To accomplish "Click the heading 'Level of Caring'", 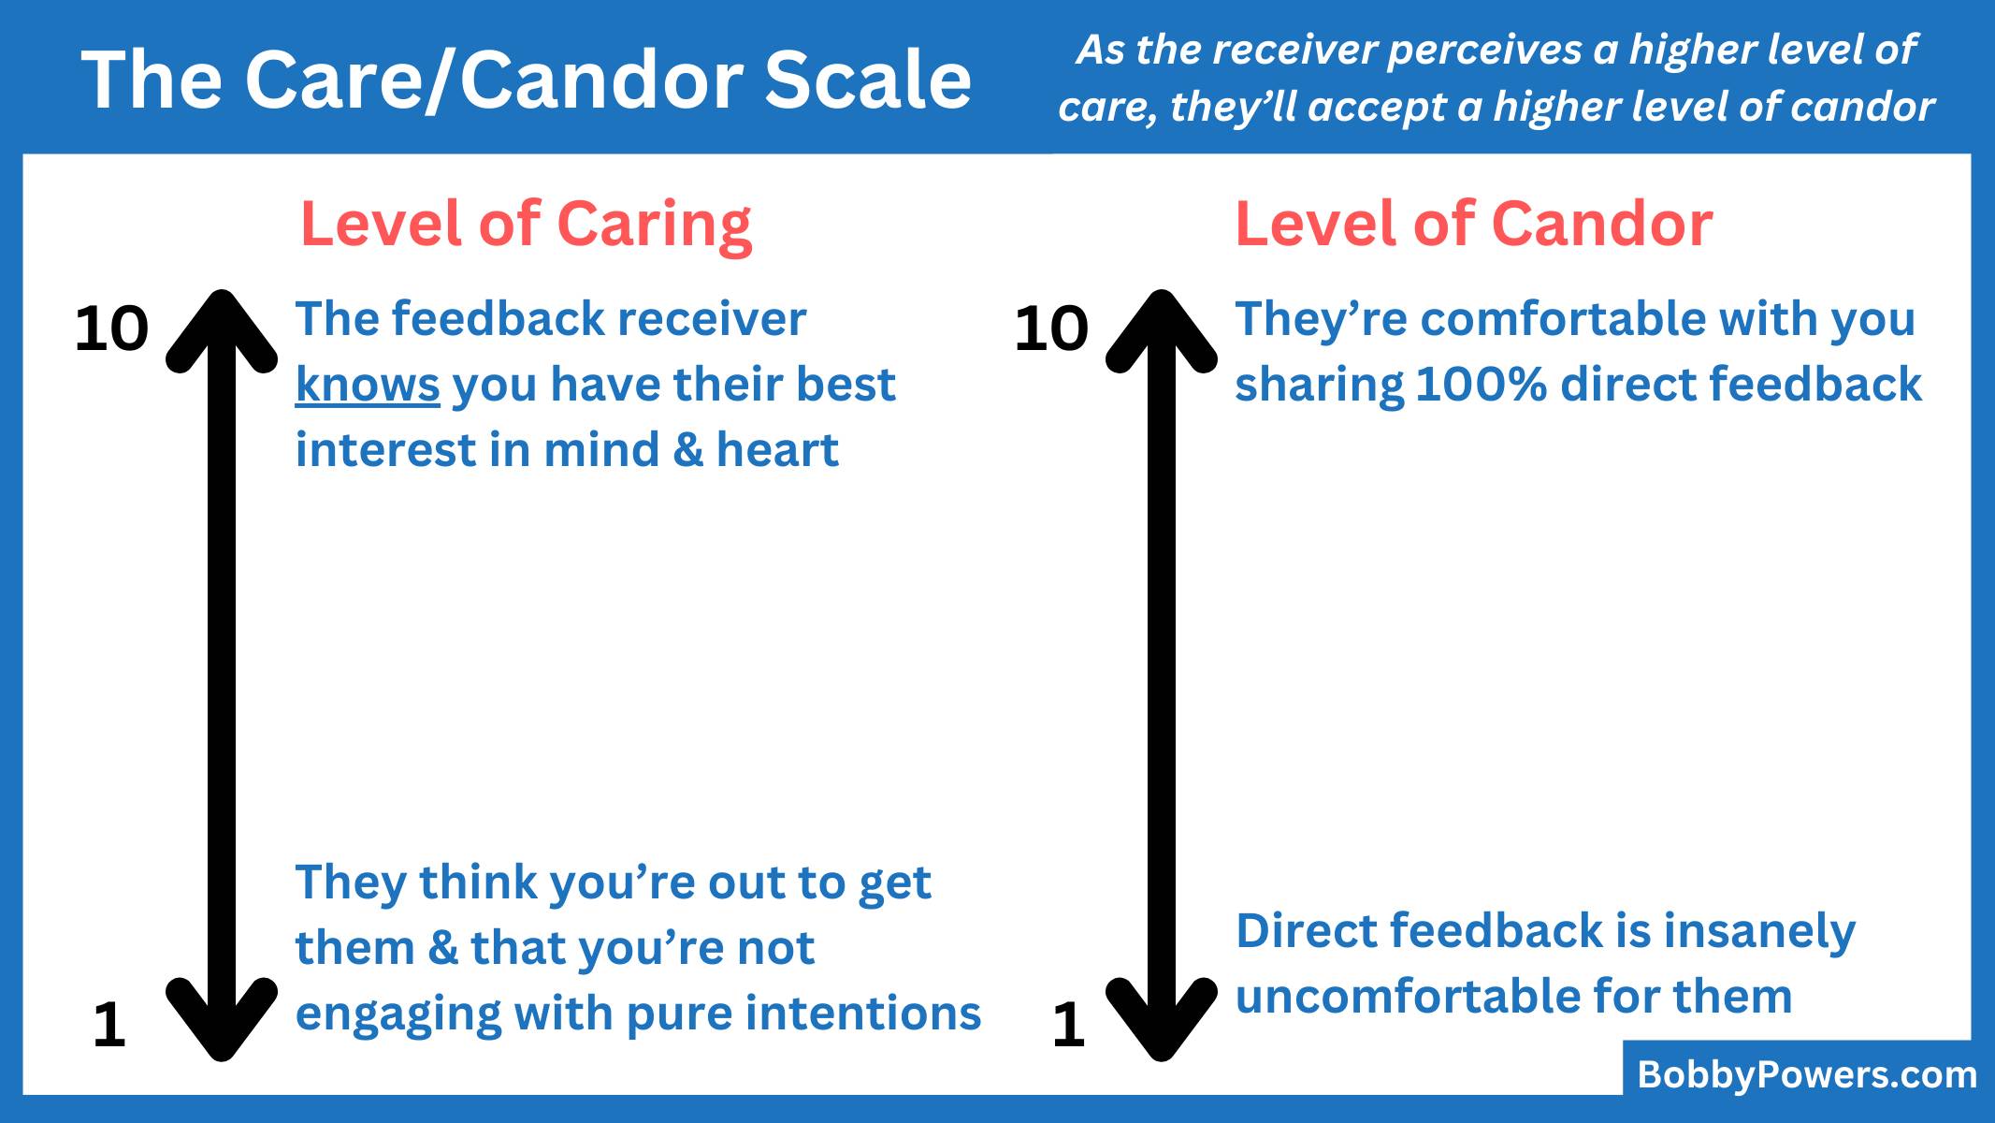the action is [526, 226].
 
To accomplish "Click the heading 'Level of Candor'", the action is [1474, 225].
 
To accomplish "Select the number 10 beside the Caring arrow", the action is [111, 329].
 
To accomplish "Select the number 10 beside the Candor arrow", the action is [1051, 329].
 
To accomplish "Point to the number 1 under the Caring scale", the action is [109, 1025].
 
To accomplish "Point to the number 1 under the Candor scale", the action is [1068, 1025].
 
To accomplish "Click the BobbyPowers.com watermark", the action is [1807, 1074].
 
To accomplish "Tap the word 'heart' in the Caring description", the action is [777, 450].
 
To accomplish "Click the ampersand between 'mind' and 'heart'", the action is [687, 450].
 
